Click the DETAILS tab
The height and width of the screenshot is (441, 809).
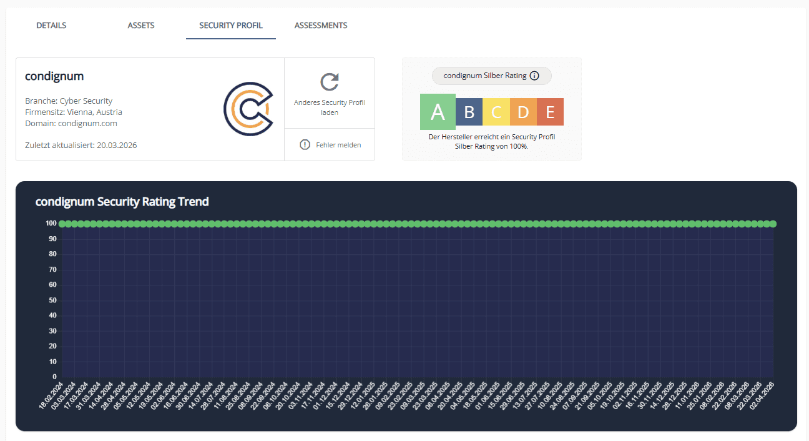pyautogui.click(x=51, y=26)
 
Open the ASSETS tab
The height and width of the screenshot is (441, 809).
pyautogui.click(x=141, y=26)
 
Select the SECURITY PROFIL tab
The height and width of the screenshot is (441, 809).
pyautogui.click(x=231, y=26)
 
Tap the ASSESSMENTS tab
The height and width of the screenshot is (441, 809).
pyautogui.click(x=321, y=26)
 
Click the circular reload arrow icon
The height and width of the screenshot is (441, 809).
pyautogui.click(x=330, y=82)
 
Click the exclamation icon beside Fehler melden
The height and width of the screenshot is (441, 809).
pyautogui.click(x=305, y=145)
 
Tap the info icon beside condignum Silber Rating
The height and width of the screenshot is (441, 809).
pyautogui.click(x=534, y=76)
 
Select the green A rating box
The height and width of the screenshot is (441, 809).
pyautogui.click(x=438, y=112)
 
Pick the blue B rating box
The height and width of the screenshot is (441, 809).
pyautogui.click(x=469, y=112)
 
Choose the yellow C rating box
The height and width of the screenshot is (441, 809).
pyautogui.click(x=496, y=112)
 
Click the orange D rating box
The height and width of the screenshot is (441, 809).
pyautogui.click(x=523, y=112)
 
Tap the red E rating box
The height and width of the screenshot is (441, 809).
pyautogui.click(x=550, y=112)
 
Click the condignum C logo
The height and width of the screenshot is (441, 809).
pyautogui.click(x=248, y=109)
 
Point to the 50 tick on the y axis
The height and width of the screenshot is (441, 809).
pyautogui.click(x=53, y=300)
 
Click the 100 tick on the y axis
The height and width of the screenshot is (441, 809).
pyautogui.click(x=51, y=224)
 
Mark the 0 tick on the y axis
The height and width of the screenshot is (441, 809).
pyautogui.click(x=55, y=377)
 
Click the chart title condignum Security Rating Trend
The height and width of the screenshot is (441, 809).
pyautogui.click(x=122, y=202)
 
